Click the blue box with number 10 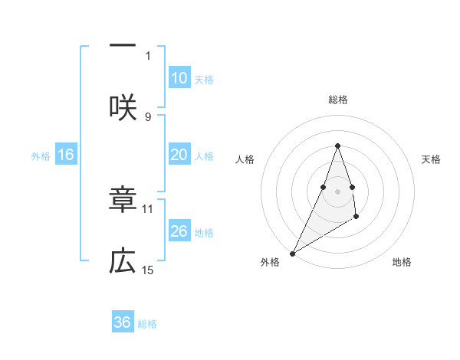[179, 78]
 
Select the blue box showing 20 [179, 155]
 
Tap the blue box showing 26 [179, 231]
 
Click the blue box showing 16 [66, 155]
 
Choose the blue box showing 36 [123, 322]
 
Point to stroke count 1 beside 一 [148, 55]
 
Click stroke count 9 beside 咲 [148, 116]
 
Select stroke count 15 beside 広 [148, 270]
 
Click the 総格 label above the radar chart [338, 100]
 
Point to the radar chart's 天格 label [432, 159]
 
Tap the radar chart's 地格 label [402, 262]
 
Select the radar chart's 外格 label [270, 262]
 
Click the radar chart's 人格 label [245, 159]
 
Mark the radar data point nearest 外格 [292, 254]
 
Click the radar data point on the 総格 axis [338, 146]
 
